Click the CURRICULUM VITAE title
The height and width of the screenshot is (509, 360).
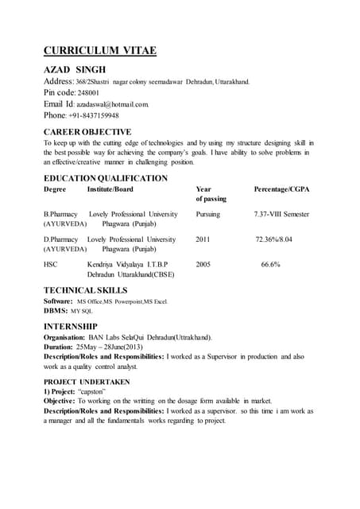tap(99, 52)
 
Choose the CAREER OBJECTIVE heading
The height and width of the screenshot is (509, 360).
tap(87, 131)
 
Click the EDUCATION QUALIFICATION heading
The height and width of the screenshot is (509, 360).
tap(105, 178)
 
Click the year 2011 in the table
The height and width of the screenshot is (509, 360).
tap(203, 239)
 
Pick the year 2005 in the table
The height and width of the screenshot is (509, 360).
tap(203, 263)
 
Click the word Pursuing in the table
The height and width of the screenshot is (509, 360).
tap(207, 214)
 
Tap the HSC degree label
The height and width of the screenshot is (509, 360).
tap(50, 263)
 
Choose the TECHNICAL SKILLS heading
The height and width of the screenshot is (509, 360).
tap(85, 291)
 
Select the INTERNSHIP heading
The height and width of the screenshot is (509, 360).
tap(71, 326)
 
